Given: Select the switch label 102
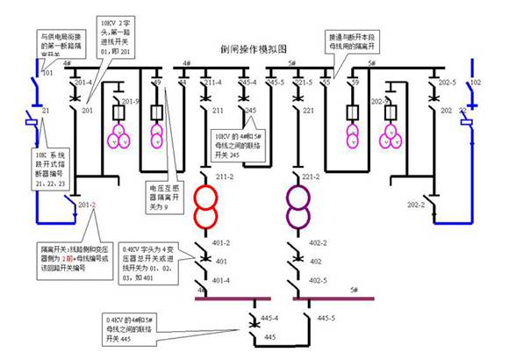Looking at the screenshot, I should pyautogui.click(x=476, y=83).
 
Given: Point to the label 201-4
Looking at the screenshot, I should pyautogui.click(x=84, y=83).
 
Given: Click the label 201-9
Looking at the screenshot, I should pyautogui.click(x=131, y=103).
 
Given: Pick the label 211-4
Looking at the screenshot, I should pyautogui.click(x=211, y=83).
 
